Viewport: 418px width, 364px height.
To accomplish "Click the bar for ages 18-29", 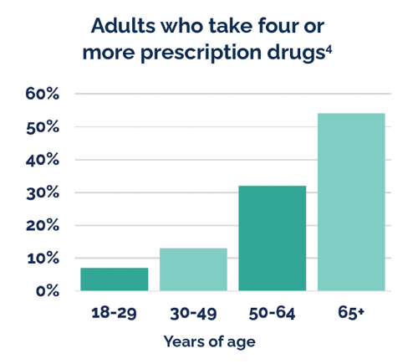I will [x=115, y=279].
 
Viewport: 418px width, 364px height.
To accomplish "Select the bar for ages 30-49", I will [x=193, y=269].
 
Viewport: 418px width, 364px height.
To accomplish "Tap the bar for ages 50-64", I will [x=272, y=238].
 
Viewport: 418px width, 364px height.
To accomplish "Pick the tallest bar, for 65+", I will [x=350, y=203].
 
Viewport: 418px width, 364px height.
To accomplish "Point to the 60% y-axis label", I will [x=42, y=94].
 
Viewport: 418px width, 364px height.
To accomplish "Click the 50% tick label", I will [x=42, y=127].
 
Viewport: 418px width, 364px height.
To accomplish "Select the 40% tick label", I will [x=42, y=160].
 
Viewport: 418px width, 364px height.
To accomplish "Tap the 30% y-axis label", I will [x=42, y=192].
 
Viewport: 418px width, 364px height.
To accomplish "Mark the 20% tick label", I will [x=42, y=226].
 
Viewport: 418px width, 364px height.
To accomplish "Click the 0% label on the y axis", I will [x=47, y=291].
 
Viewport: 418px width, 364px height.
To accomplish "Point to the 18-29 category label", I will [x=115, y=314].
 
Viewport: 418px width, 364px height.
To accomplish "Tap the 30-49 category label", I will [x=193, y=314].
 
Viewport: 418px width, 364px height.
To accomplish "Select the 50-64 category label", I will [x=272, y=314].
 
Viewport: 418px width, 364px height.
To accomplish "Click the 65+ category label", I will [x=350, y=314].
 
